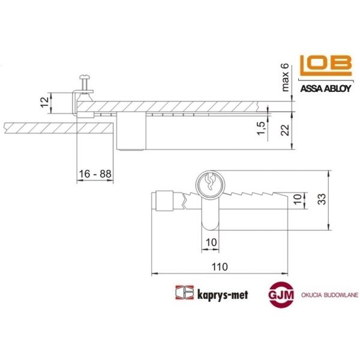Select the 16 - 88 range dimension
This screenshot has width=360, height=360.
[x=95, y=174]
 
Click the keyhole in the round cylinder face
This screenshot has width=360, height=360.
[x=211, y=181]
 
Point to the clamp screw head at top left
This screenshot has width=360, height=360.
[x=83, y=78]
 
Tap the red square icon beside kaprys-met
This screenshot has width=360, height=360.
[x=182, y=293]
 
